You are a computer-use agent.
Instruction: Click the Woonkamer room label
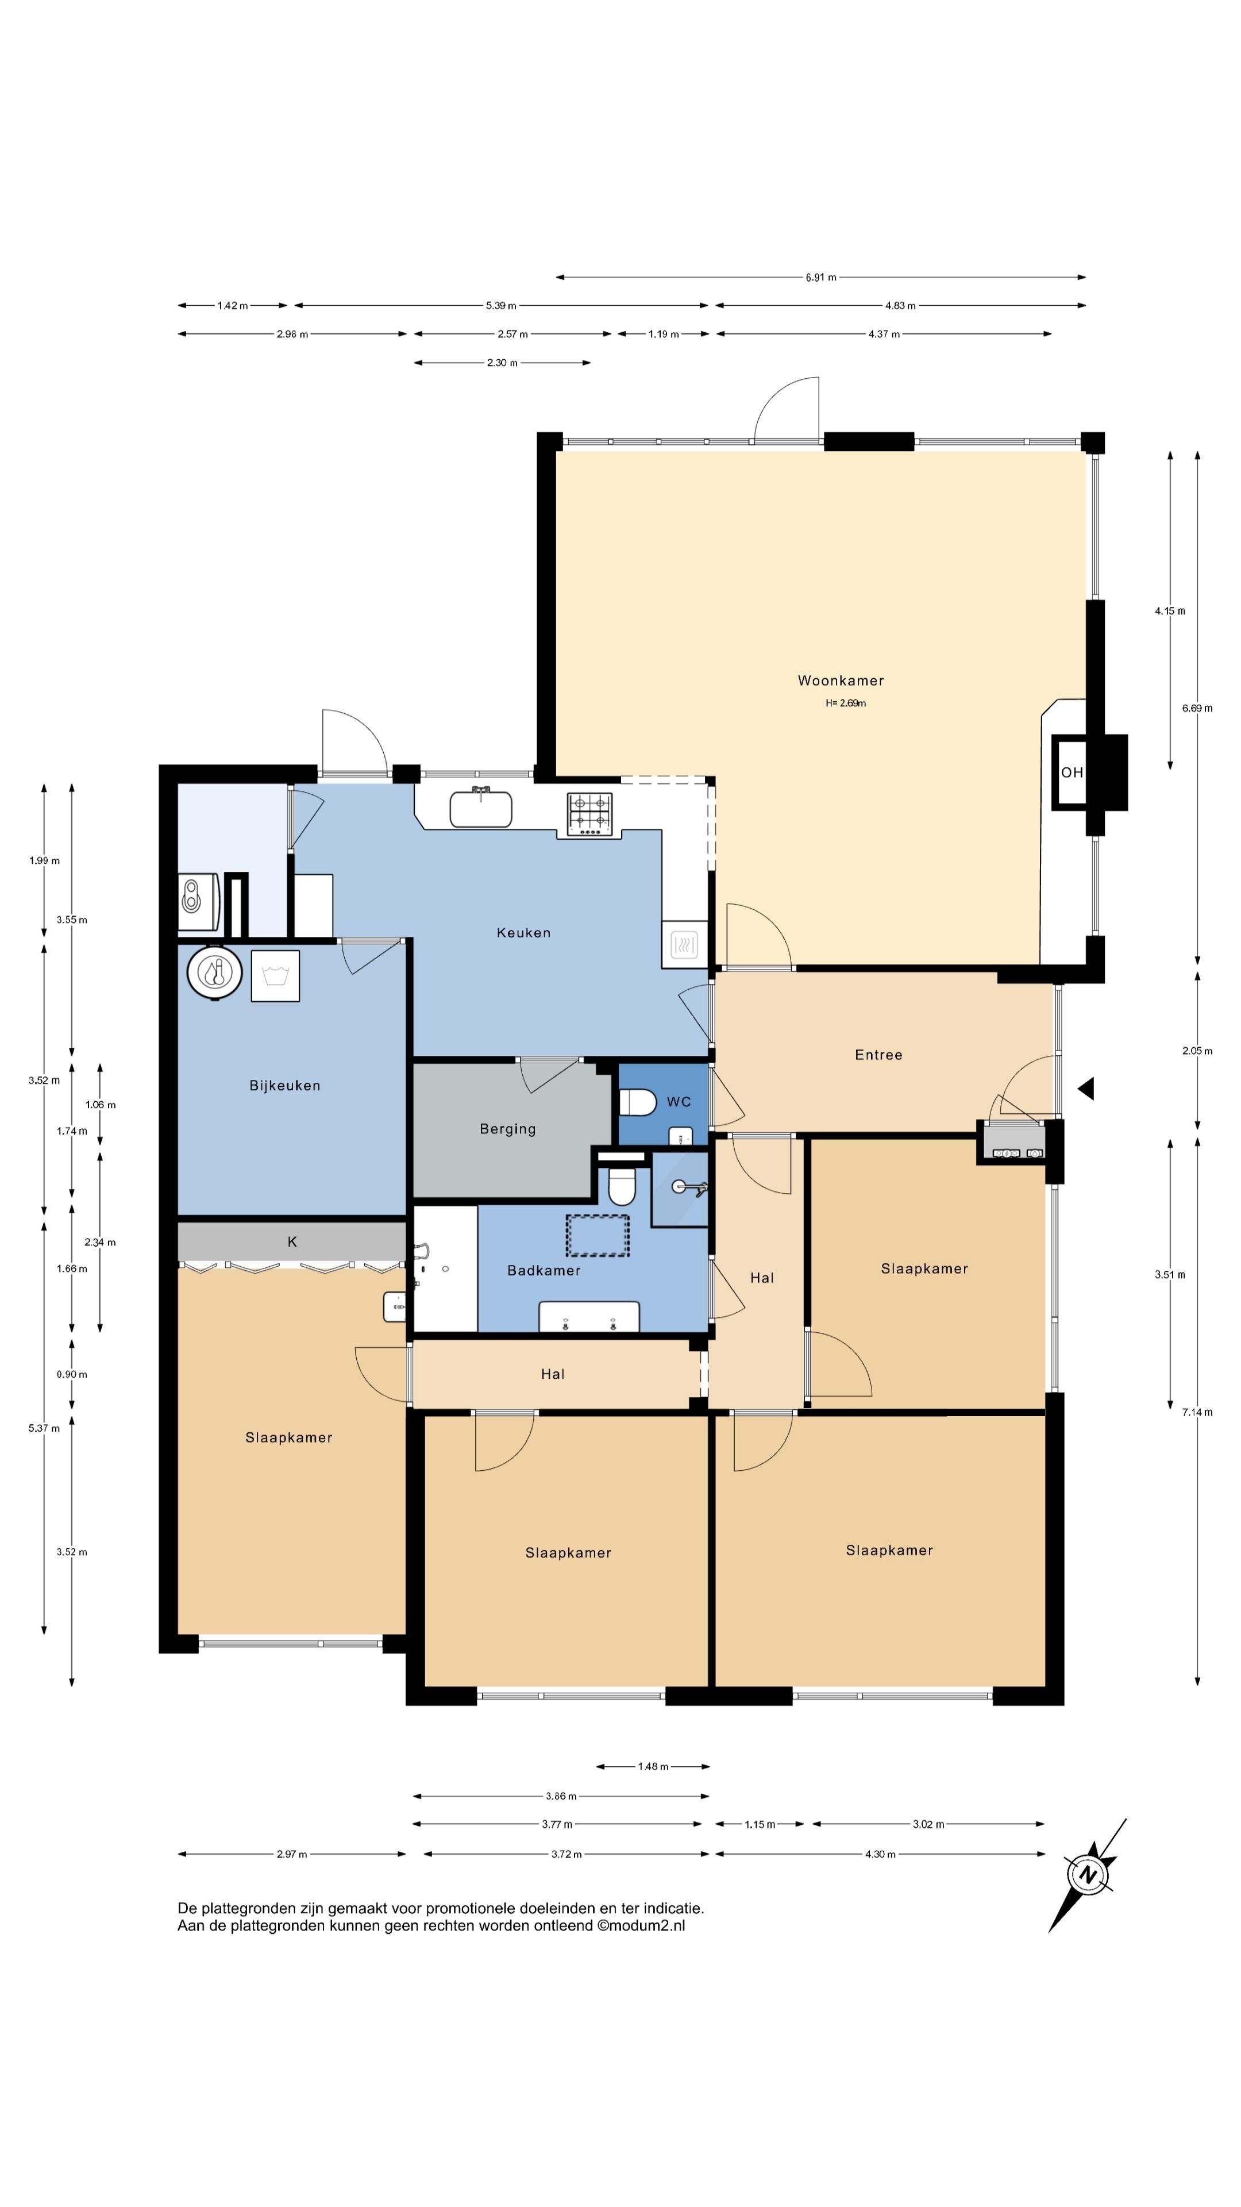point(840,680)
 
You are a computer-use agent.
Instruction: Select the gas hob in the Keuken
point(590,814)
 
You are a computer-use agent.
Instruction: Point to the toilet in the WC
point(637,1102)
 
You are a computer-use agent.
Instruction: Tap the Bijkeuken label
point(285,1086)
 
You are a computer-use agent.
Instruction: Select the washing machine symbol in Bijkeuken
point(275,976)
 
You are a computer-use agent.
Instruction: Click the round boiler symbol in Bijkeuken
point(215,972)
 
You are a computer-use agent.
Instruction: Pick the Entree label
point(878,1055)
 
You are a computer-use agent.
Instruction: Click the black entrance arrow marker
point(1086,1089)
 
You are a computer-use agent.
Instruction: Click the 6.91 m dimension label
point(820,278)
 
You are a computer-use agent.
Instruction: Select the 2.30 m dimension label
point(502,363)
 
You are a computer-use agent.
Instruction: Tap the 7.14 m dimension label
point(1197,1412)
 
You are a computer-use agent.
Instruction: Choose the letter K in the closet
point(292,1241)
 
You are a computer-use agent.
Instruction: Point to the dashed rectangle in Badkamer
point(597,1236)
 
